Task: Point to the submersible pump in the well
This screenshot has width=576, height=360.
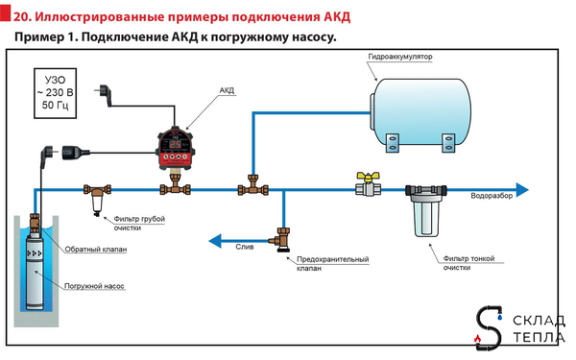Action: (x=36, y=270)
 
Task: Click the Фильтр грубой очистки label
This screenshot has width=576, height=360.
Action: (x=141, y=224)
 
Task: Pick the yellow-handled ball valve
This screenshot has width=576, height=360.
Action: (x=366, y=184)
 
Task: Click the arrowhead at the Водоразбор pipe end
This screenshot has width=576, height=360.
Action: (x=522, y=187)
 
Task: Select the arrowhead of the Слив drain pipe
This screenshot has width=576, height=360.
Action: (x=216, y=241)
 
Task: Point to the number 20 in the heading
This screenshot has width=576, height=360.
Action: (x=20, y=16)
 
